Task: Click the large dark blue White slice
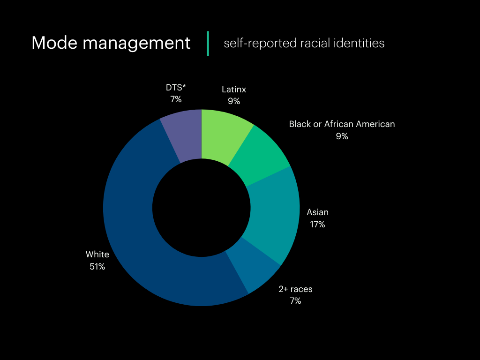[141, 234]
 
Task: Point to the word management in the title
[136, 43]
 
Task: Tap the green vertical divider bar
[208, 43]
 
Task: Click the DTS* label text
[176, 88]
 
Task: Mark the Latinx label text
[234, 89]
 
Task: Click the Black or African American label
[342, 124]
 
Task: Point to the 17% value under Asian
[317, 225]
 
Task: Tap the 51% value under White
[97, 267]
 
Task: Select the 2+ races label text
[295, 289]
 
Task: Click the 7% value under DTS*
[176, 99]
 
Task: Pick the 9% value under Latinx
[234, 101]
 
